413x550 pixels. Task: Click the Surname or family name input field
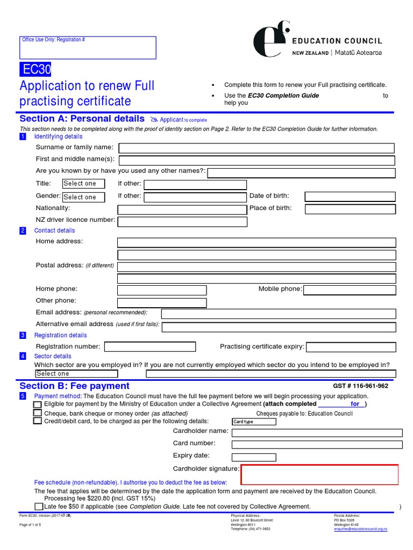point(257,148)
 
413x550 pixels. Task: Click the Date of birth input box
point(350,197)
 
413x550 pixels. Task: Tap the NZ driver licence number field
point(182,221)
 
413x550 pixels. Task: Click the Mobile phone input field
point(350,290)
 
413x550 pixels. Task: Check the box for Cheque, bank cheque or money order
point(38,413)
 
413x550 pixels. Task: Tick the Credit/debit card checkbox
point(38,421)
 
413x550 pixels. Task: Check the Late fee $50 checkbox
point(39,506)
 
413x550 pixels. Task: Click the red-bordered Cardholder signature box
point(320,475)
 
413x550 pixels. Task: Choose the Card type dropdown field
point(254,422)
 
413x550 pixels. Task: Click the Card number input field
point(317,445)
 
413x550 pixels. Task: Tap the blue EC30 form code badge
point(35,70)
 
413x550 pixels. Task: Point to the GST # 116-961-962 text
point(361,386)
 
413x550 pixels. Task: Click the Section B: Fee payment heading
point(74,386)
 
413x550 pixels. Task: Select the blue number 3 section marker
point(23,335)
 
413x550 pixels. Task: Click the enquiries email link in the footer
point(360,529)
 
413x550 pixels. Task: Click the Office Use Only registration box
point(88,48)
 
